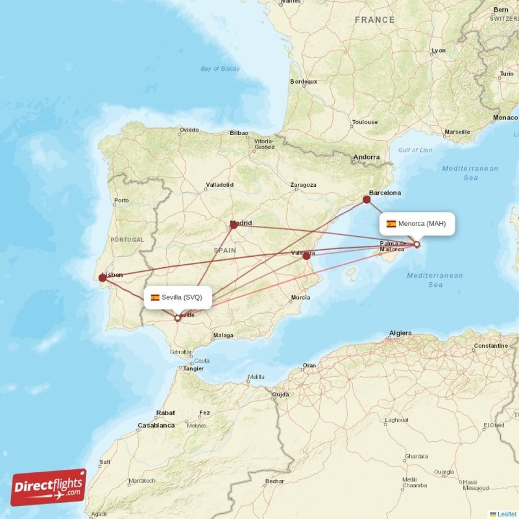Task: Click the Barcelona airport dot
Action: (x=367, y=199)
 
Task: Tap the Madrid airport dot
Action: (x=234, y=225)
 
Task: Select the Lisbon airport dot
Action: (x=103, y=278)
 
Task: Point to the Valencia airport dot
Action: (x=306, y=256)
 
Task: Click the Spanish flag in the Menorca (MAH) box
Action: (x=391, y=224)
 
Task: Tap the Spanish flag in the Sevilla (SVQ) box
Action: (x=155, y=298)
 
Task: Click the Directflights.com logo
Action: (x=49, y=487)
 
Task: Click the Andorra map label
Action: (x=366, y=158)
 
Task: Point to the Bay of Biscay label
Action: (x=220, y=69)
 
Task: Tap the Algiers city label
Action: (x=400, y=333)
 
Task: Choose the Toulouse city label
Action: (x=365, y=122)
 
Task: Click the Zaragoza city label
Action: (x=303, y=185)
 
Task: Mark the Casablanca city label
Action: (x=156, y=426)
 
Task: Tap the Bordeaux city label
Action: (x=304, y=82)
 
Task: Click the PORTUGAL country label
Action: (x=127, y=240)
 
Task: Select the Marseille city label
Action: (x=457, y=132)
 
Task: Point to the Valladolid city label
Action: (x=219, y=185)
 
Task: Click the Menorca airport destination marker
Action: (x=416, y=245)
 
